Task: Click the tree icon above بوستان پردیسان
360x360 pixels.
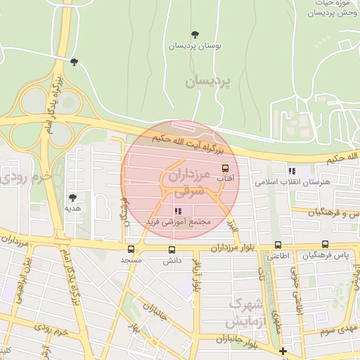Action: (195, 34)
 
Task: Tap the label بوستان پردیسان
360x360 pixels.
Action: (195, 46)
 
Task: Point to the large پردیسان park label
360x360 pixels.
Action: (208, 82)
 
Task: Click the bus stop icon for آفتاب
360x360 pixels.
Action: (225, 169)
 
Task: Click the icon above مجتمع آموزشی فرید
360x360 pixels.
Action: (179, 210)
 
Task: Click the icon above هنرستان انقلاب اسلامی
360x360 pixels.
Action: (292, 171)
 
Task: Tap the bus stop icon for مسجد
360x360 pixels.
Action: (131, 249)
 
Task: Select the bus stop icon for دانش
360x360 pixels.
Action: (172, 250)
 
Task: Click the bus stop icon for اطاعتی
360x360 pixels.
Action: (278, 245)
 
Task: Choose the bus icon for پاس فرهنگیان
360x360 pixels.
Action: (324, 244)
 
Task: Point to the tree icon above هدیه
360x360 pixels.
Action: (72, 198)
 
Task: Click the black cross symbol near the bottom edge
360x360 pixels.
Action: (283, 351)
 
